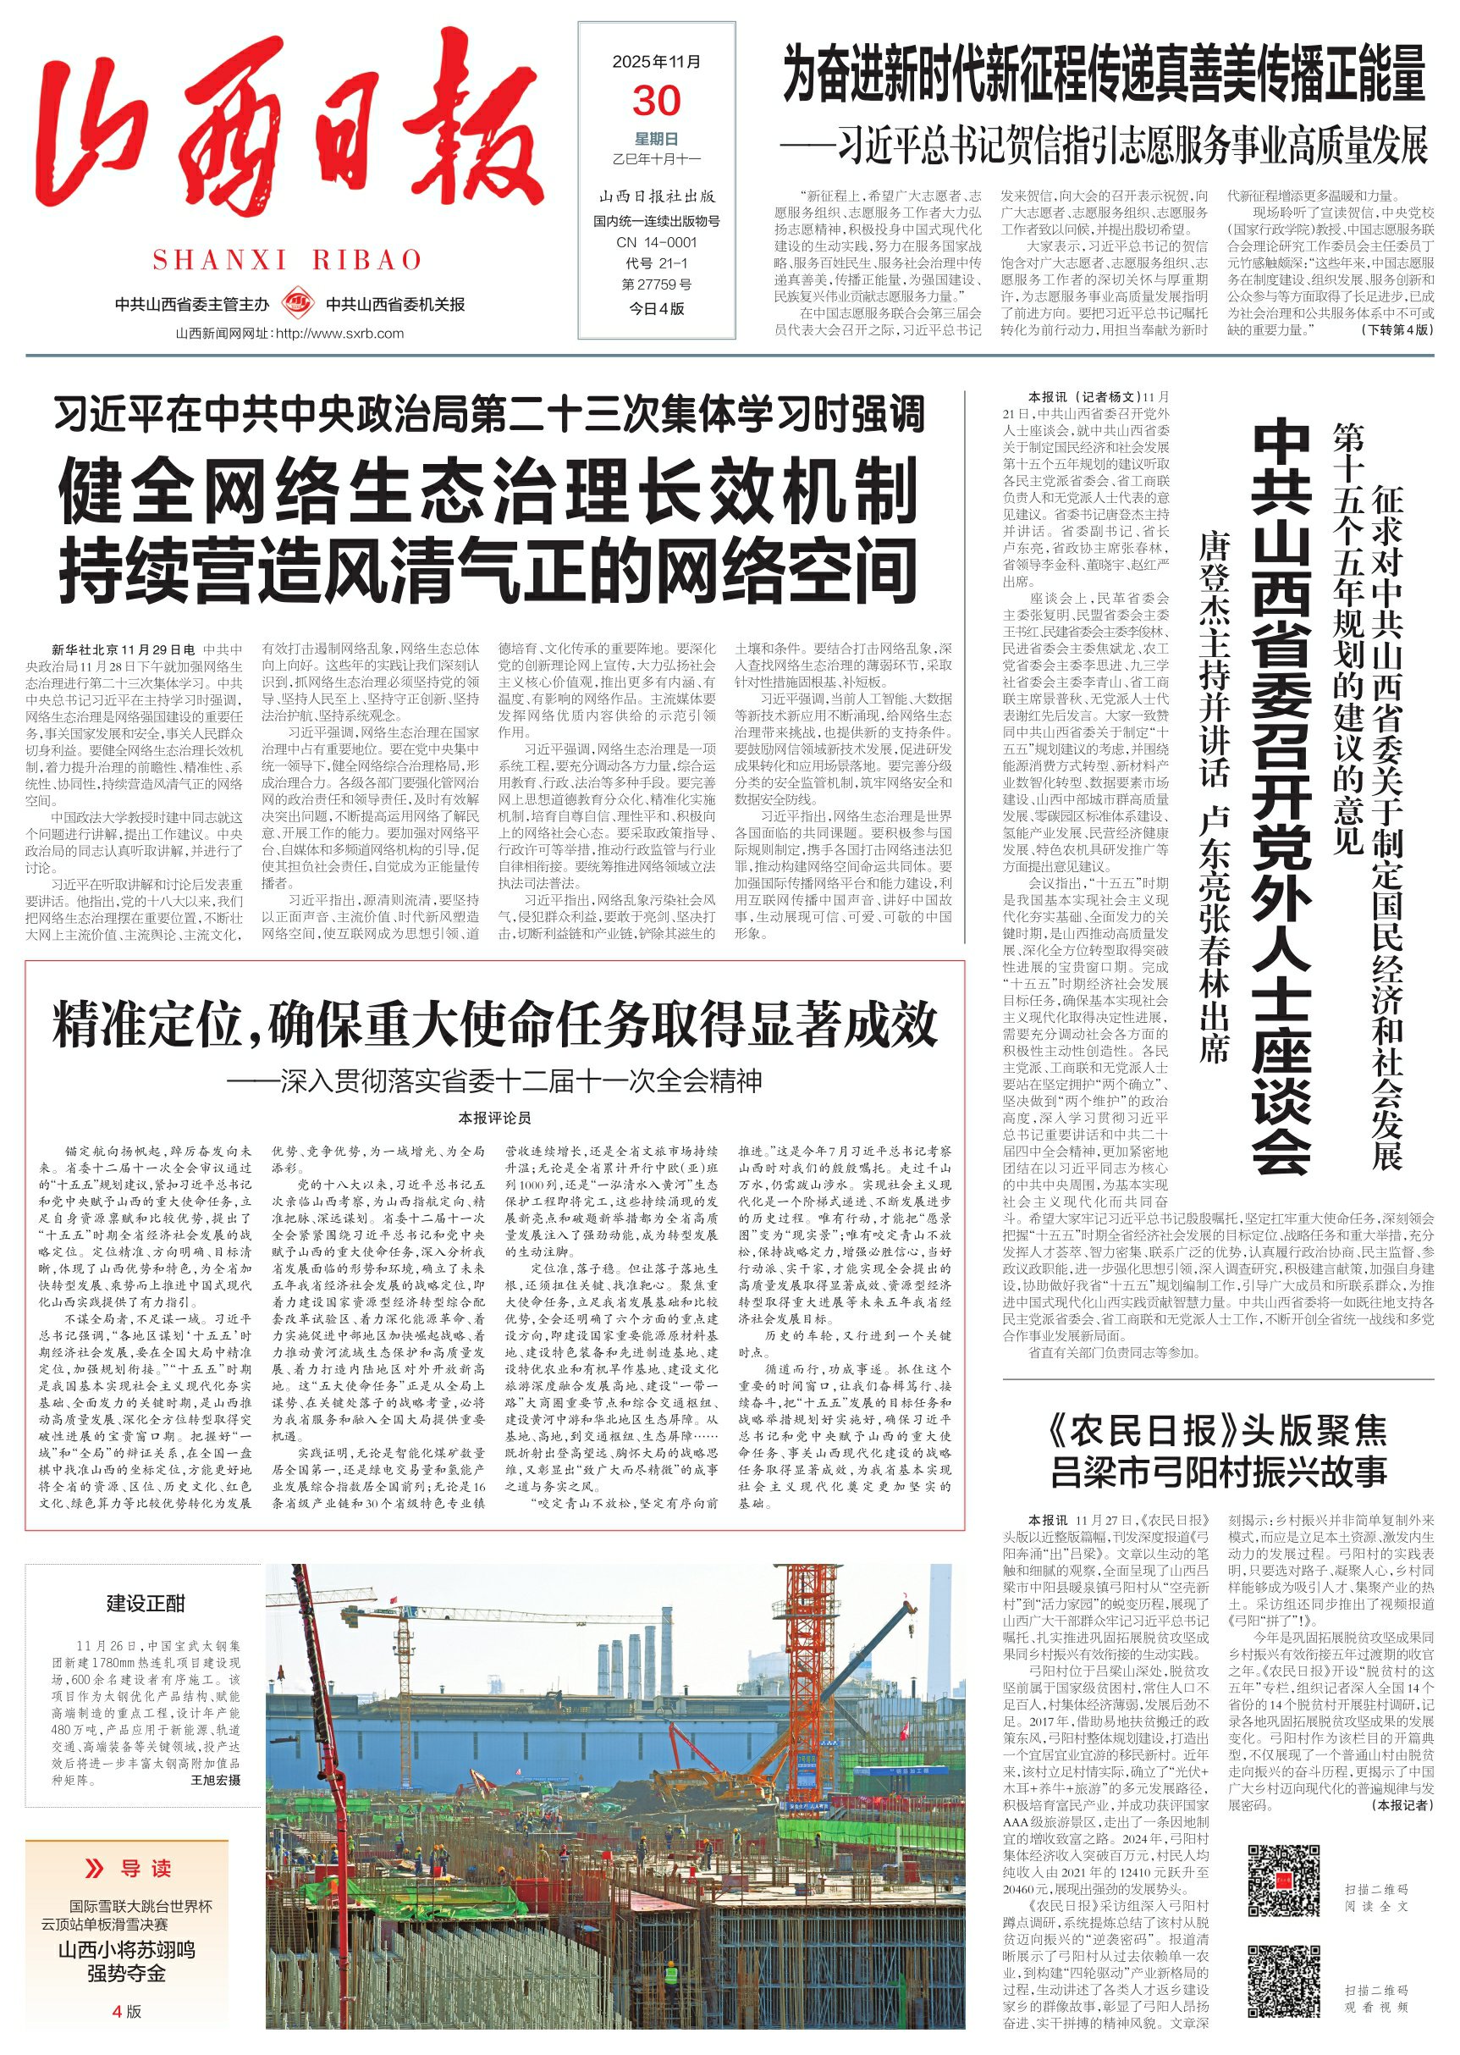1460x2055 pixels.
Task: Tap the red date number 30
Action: coord(656,101)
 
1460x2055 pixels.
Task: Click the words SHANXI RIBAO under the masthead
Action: coord(288,261)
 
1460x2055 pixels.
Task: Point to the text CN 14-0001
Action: coord(656,242)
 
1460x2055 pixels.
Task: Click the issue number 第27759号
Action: coord(656,285)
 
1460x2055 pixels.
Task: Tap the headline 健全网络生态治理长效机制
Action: coord(488,492)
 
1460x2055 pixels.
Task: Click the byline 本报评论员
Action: coord(494,1118)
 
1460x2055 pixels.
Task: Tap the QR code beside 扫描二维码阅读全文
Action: coord(1284,1880)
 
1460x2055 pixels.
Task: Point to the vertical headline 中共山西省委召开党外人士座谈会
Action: coord(1281,796)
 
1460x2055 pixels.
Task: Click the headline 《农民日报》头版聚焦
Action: coord(1218,1429)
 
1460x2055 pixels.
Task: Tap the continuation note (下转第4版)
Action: coord(1398,330)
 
